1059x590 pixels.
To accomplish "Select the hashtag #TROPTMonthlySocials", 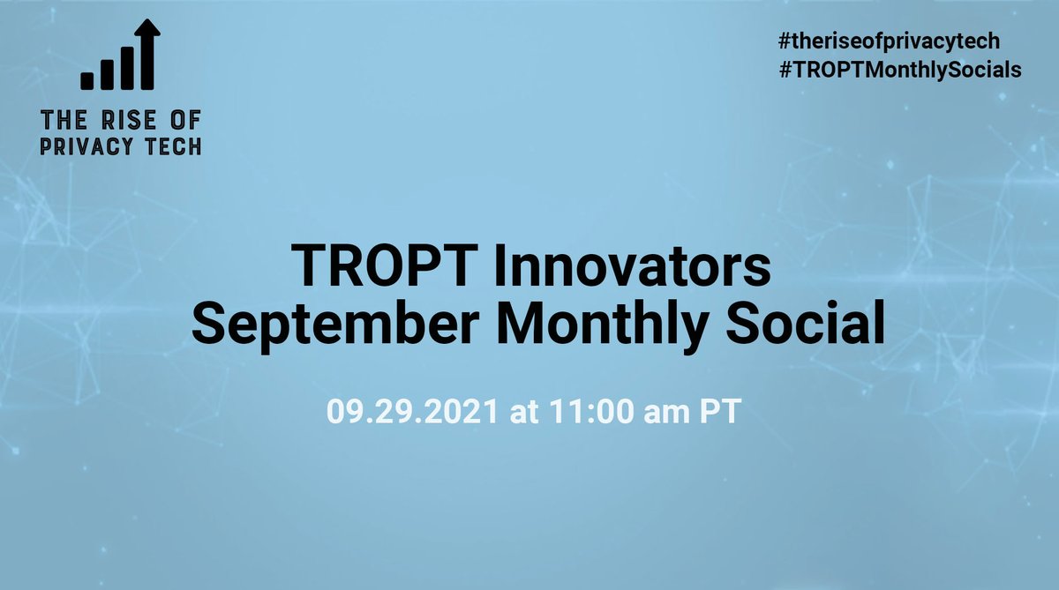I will (900, 71).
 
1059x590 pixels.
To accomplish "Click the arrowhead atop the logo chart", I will (147, 29).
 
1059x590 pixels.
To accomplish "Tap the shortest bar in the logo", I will (87, 81).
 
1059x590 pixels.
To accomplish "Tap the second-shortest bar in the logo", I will (108, 73).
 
